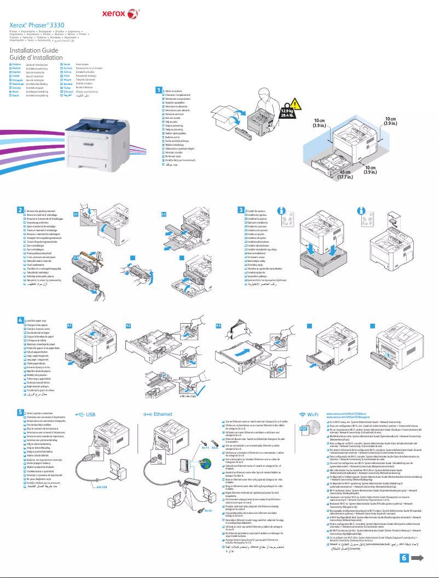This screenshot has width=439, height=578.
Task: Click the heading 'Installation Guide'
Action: coord(33,50)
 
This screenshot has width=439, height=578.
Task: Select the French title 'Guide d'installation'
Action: coord(37,58)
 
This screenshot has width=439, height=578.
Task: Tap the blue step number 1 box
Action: coord(158,90)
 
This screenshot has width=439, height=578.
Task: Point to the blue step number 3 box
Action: coord(241,210)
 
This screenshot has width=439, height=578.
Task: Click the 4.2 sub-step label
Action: coord(129,325)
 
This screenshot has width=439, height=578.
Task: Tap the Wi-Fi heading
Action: coord(313,414)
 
